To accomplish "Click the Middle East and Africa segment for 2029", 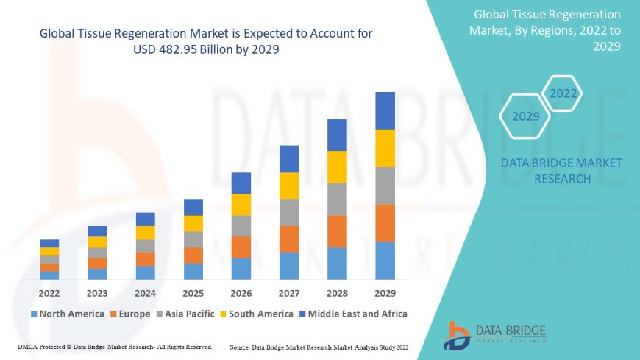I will click(x=385, y=110).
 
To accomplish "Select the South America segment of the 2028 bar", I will click(x=337, y=166).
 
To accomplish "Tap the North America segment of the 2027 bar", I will click(x=289, y=266).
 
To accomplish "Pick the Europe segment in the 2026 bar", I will click(x=241, y=247).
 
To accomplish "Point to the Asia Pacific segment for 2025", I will click(x=193, y=239).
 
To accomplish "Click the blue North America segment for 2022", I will click(x=49, y=275).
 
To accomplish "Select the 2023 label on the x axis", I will click(x=97, y=293).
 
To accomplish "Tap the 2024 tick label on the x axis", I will click(x=146, y=293).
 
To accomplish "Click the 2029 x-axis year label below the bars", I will click(x=385, y=293).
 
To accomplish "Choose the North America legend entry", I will click(x=67, y=314).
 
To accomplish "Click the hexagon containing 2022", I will click(x=563, y=93).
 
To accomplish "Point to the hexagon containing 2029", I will click(x=525, y=116).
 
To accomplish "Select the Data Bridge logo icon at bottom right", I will click(x=457, y=335).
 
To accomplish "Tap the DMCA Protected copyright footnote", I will click(x=115, y=346).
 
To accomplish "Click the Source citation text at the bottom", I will click(x=320, y=346).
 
